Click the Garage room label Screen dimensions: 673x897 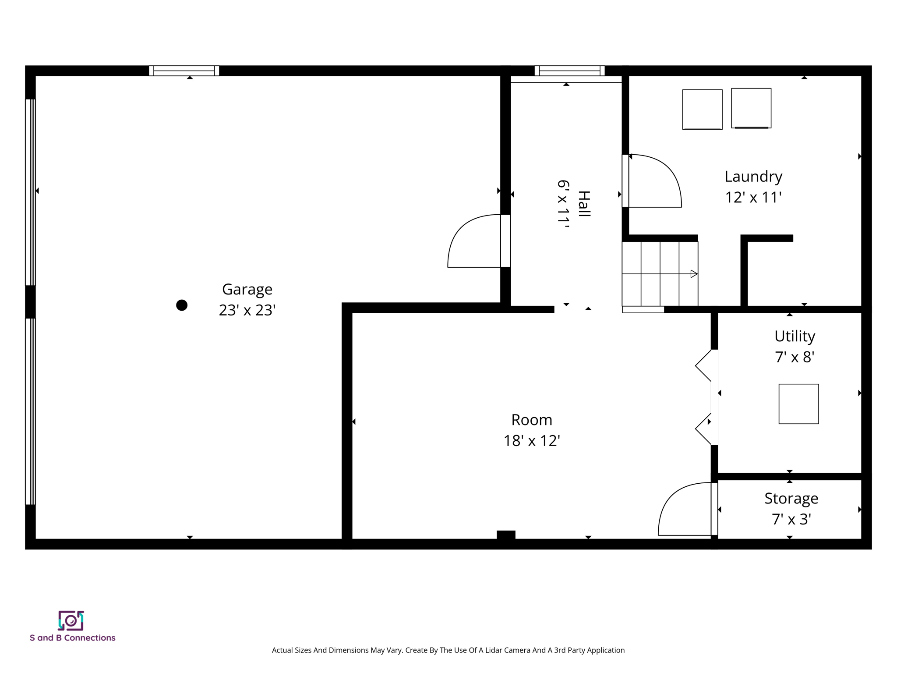(247, 289)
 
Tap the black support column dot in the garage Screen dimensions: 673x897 (182, 305)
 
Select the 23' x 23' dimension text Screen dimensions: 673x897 (247, 310)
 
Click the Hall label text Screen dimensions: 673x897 (584, 204)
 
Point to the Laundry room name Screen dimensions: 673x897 (753, 177)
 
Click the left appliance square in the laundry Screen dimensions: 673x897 (702, 110)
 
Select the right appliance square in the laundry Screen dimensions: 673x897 (751, 108)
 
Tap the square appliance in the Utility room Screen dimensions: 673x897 (798, 404)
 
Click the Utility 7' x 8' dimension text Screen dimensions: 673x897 (794, 357)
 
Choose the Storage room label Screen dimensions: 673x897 (791, 499)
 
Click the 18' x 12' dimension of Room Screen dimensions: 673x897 (531, 441)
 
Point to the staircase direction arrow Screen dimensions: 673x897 (693, 274)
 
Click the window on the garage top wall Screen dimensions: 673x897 (184, 71)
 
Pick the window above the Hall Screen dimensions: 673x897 (569, 71)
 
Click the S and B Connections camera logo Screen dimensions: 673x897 (71, 620)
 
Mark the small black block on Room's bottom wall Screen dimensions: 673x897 (506, 535)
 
